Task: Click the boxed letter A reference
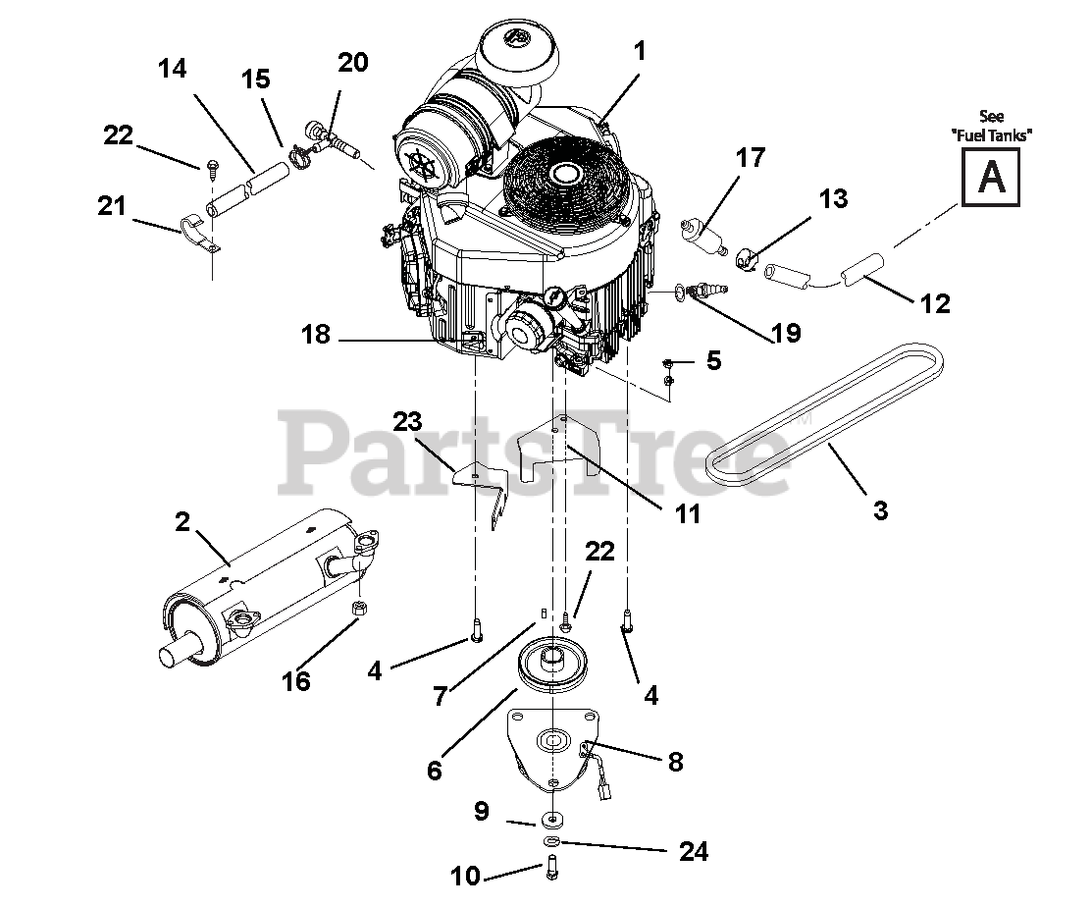coord(990,178)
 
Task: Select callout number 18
coord(316,335)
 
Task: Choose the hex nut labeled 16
coord(360,608)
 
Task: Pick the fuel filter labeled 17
coord(702,237)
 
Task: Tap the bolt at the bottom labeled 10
coord(550,867)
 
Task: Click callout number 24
coord(694,851)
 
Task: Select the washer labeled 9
coord(551,818)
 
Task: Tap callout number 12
coord(935,303)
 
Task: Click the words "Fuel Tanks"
coord(992,135)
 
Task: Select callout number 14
coord(173,69)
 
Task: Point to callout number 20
coord(353,62)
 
